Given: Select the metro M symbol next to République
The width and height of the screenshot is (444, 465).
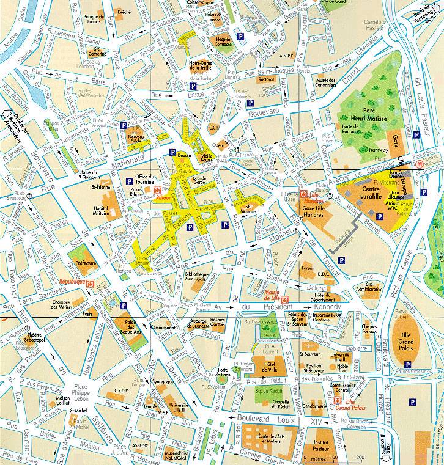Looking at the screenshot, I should pos(91,284).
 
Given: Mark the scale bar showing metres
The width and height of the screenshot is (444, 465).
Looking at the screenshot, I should pos(333,456).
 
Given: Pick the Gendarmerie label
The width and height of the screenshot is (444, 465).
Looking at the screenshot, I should pos(314,406).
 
